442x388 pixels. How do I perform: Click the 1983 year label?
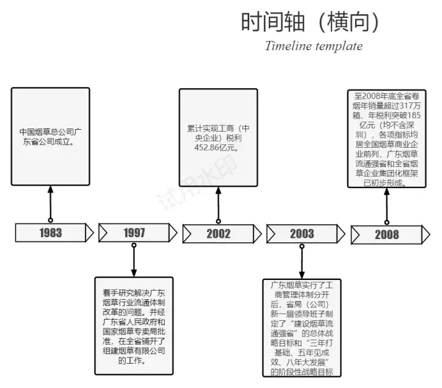tap(50, 233)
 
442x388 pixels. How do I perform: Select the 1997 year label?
tap(134, 233)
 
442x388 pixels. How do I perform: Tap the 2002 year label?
tap(218, 234)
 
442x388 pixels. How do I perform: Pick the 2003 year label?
tap(302, 234)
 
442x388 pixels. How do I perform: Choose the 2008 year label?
tap(387, 235)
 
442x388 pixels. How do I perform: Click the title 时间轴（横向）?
tap(310, 22)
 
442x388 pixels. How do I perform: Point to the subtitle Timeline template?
tap(314, 46)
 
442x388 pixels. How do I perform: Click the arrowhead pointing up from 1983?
tap(50, 189)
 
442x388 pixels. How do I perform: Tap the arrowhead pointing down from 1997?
tap(134, 273)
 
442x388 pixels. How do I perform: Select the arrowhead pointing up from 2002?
tap(218, 190)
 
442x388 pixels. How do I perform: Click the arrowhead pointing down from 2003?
tap(301, 275)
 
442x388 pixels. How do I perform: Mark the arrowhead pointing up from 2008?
tap(387, 191)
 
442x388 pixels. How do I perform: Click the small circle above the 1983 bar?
tap(50, 220)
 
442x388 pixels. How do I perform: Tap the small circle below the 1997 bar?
tap(134, 245)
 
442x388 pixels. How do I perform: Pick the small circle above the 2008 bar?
tap(387, 222)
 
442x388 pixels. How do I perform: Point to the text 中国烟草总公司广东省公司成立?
tap(50, 137)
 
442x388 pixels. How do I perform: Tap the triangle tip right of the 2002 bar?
tap(261, 234)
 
